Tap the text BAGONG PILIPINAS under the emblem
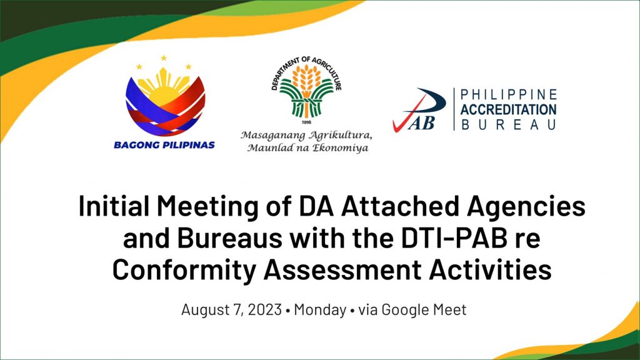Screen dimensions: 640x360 coord(164,145)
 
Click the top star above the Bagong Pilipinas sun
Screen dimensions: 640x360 coord(164,58)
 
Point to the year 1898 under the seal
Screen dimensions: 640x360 coord(306,122)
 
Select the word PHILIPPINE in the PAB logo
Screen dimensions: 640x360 coord(509,95)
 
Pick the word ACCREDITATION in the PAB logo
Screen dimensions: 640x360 coord(509,109)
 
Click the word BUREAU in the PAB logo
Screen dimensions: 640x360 coord(509,124)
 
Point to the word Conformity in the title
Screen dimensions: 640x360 coord(184,271)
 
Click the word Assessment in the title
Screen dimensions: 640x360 coord(342,270)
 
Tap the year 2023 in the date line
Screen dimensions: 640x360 coord(265,309)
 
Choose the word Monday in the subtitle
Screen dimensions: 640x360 coord(320,310)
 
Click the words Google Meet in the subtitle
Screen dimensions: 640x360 coord(424,310)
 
